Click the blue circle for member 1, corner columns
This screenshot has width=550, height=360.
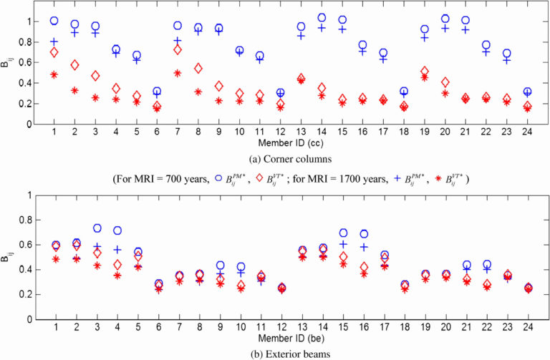54,21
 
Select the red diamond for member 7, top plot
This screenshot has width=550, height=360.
177,49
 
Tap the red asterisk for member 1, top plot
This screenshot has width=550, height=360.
54,74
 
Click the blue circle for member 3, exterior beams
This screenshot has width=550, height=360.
95,228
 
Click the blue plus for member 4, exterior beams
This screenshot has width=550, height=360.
116,250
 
